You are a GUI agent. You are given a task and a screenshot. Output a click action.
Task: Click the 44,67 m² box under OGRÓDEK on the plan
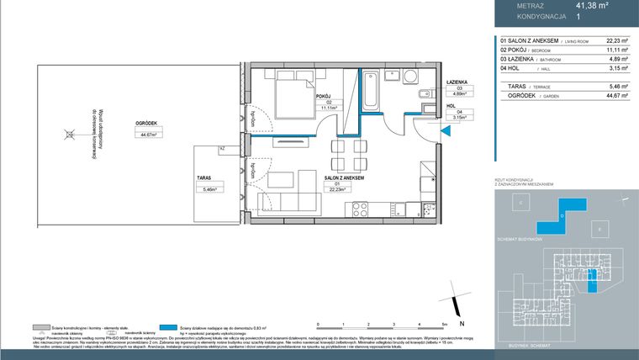(151, 133)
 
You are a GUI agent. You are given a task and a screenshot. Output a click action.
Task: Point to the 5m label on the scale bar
(443, 324)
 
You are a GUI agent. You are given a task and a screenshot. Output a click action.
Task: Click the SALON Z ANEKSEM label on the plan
(343, 177)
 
